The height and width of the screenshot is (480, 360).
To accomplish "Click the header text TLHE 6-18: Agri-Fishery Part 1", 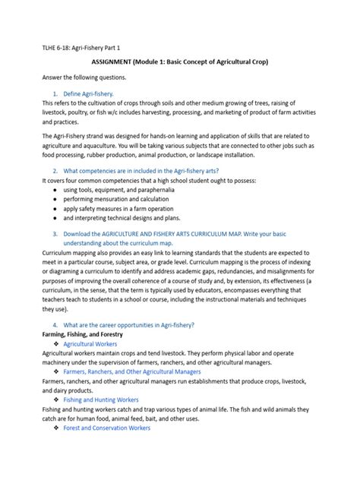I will [81, 46].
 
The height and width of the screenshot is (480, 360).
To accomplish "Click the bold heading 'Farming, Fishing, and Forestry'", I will [82, 334].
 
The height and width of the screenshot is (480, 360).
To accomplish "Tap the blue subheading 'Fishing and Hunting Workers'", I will [100, 399].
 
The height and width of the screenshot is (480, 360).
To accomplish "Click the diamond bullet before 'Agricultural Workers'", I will [56, 344].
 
